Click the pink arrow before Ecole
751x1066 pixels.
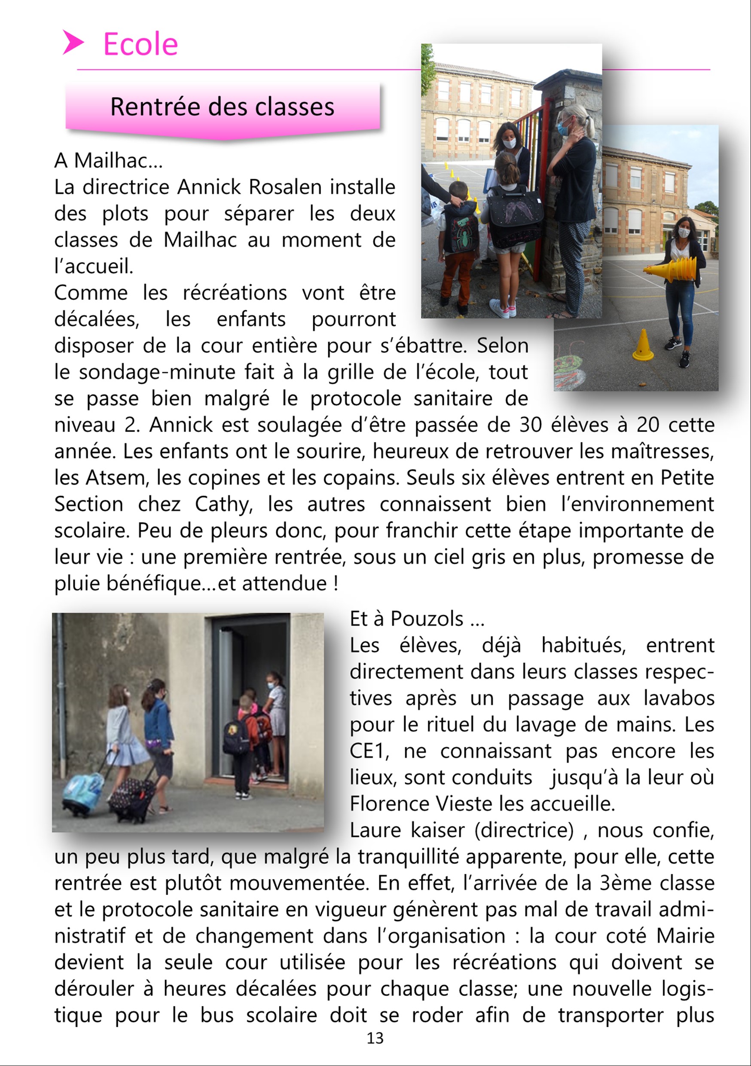73,43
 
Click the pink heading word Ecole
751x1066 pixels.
140,45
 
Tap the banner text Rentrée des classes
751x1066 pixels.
222,107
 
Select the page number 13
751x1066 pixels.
375,1038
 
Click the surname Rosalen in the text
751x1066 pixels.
285,187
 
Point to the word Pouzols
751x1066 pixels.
427,619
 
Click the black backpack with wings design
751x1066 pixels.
515,216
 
